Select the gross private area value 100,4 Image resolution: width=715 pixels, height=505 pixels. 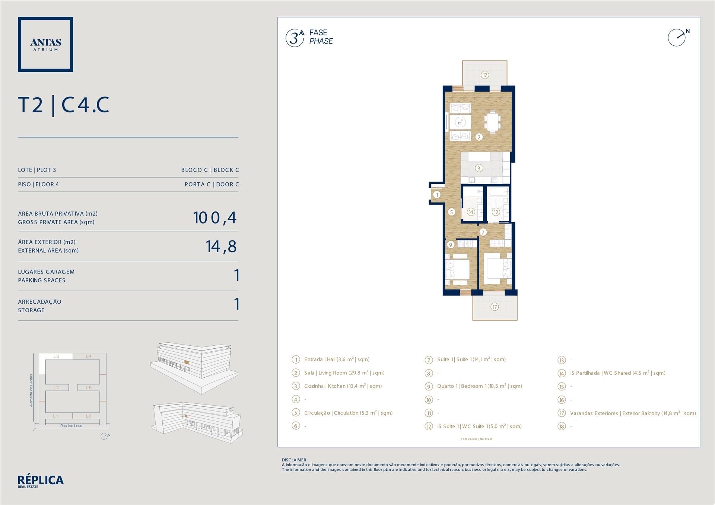pyautogui.click(x=215, y=218)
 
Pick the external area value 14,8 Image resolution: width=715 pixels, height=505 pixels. pyautogui.click(x=221, y=246)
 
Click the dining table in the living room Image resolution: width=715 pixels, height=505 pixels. pyautogui.click(x=492, y=121)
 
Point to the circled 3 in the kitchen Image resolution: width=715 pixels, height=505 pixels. pyautogui.click(x=479, y=168)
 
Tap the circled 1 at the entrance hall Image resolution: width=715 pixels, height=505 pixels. pyautogui.click(x=437, y=194)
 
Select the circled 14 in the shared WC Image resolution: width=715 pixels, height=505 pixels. pyautogui.click(x=471, y=212)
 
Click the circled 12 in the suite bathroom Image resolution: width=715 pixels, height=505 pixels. pyautogui.click(x=496, y=212)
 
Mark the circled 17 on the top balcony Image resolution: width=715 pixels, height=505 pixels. pyautogui.click(x=485, y=75)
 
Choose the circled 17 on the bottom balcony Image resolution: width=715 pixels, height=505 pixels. pyautogui.click(x=495, y=307)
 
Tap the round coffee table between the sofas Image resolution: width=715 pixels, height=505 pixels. pyautogui.click(x=460, y=121)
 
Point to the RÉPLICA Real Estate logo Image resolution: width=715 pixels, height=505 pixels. pyautogui.click(x=41, y=482)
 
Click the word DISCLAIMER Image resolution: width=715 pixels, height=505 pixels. pyautogui.click(x=294, y=460)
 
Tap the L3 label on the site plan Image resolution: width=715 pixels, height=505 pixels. pyautogui.click(x=56, y=357)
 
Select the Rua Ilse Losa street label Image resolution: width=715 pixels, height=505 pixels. pyautogui.click(x=71, y=426)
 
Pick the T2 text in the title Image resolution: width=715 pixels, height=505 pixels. pyautogui.click(x=31, y=105)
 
